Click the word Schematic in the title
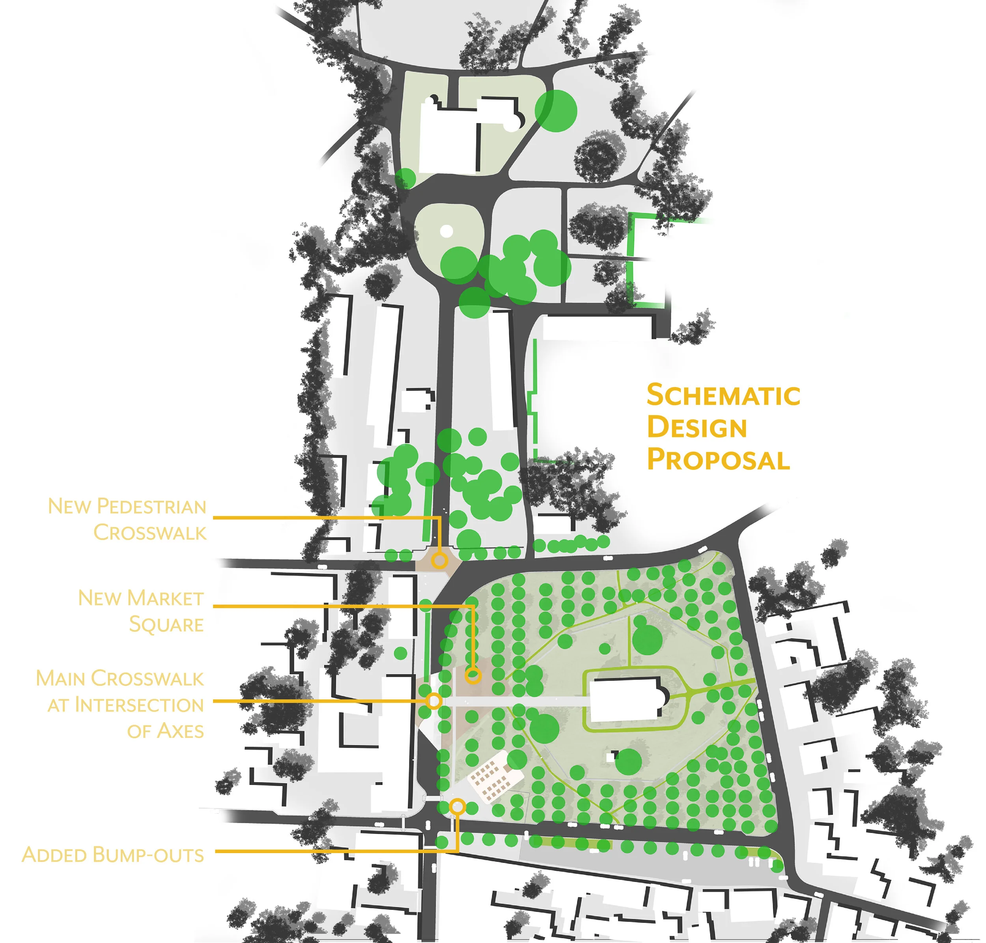[x=723, y=395]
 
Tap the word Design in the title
[x=697, y=428]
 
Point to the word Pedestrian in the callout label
[x=151, y=506]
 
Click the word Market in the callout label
[x=165, y=598]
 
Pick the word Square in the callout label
[x=166, y=625]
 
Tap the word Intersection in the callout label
[x=139, y=705]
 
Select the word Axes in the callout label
[x=165, y=731]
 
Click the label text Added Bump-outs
[x=113, y=855]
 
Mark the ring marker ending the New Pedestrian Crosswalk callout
[x=439, y=560]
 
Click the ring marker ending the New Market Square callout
[x=472, y=676]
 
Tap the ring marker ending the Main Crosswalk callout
[x=433, y=701]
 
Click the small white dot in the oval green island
[x=446, y=231]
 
